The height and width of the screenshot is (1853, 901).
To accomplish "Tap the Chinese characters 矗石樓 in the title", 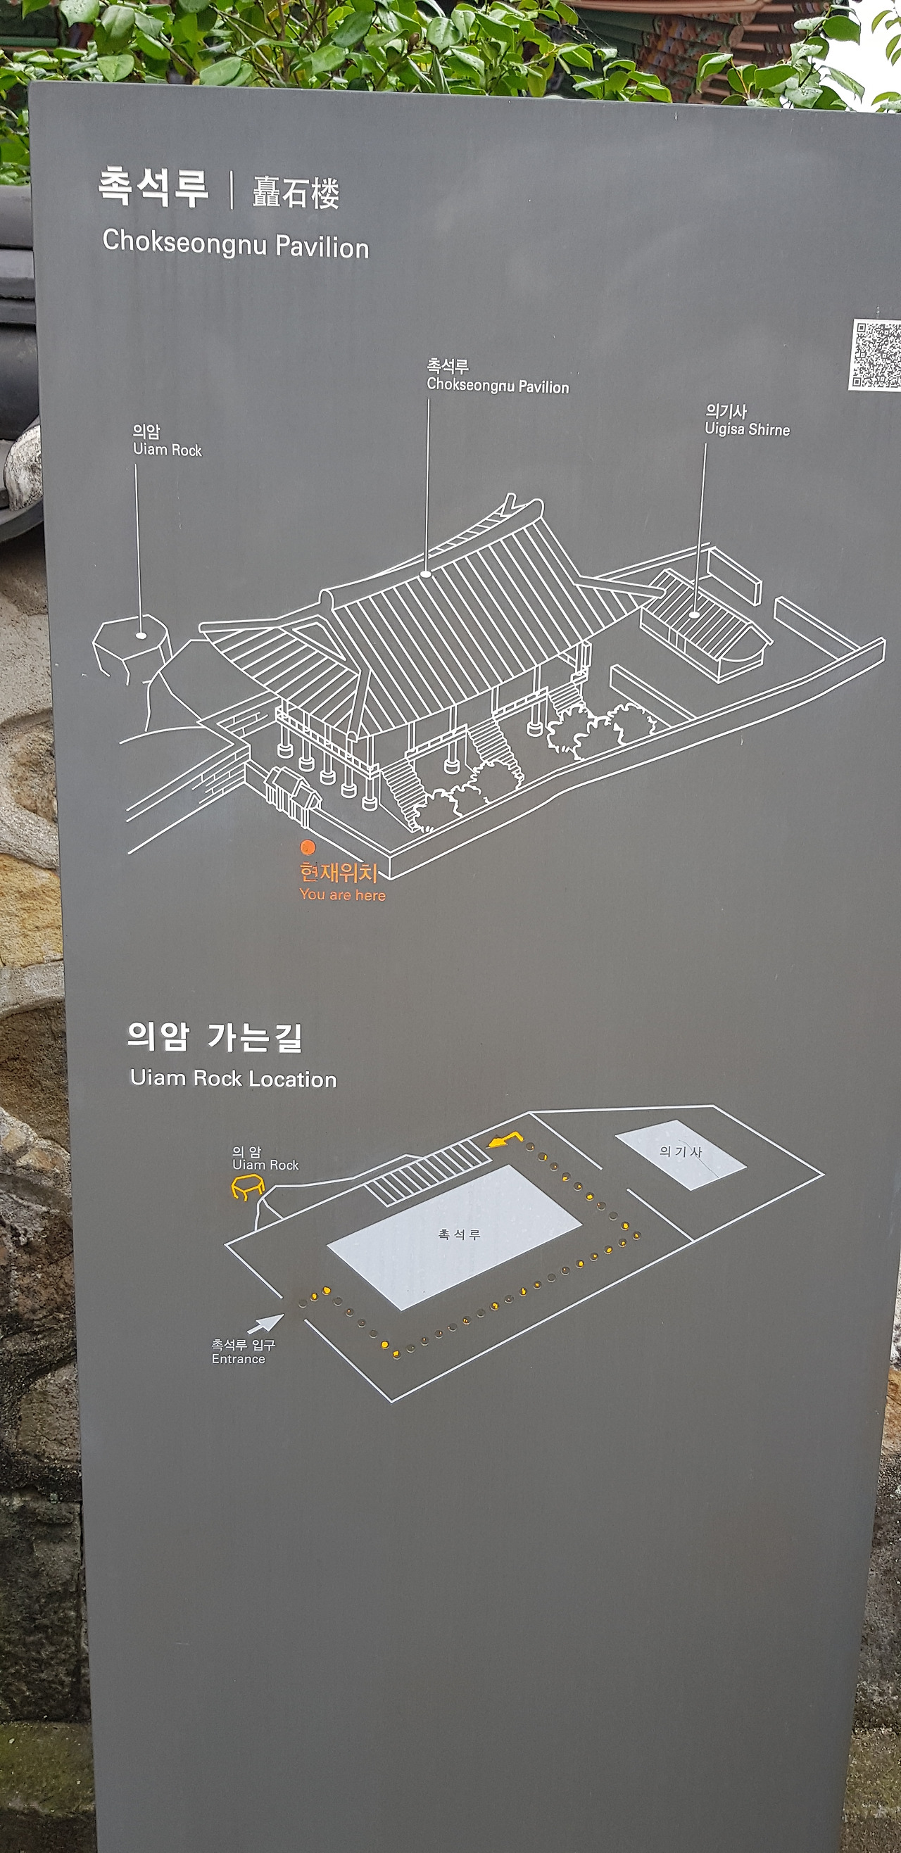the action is click(296, 193).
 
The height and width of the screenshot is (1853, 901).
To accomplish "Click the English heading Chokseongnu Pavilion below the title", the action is click(235, 244).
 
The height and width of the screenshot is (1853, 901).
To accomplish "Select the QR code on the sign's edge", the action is click(876, 355).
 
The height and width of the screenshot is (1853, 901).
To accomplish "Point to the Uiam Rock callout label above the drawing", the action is click(167, 441).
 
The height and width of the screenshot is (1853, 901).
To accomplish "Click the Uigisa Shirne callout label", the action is click(747, 420).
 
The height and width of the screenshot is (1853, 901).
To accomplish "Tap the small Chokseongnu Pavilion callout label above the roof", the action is click(497, 377).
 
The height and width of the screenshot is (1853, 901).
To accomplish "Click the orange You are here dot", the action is click(308, 847).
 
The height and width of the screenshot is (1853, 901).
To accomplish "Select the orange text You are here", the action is click(343, 895).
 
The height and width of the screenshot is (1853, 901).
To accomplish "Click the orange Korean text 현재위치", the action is click(339, 873).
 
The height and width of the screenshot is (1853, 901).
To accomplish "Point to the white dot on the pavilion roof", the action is click(426, 574).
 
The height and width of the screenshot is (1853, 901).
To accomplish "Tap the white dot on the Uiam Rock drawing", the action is click(141, 635).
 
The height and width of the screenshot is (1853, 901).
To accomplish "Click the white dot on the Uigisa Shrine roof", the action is click(694, 614).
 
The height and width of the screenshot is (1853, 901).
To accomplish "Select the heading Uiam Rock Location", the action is click(233, 1078).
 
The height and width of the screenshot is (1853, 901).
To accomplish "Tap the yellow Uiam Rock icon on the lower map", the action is click(247, 1187).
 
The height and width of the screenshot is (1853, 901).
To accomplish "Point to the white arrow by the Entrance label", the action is click(265, 1323).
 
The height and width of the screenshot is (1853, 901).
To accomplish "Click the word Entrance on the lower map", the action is click(238, 1359).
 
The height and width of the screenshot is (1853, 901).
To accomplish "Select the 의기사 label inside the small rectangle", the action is click(681, 1151).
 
